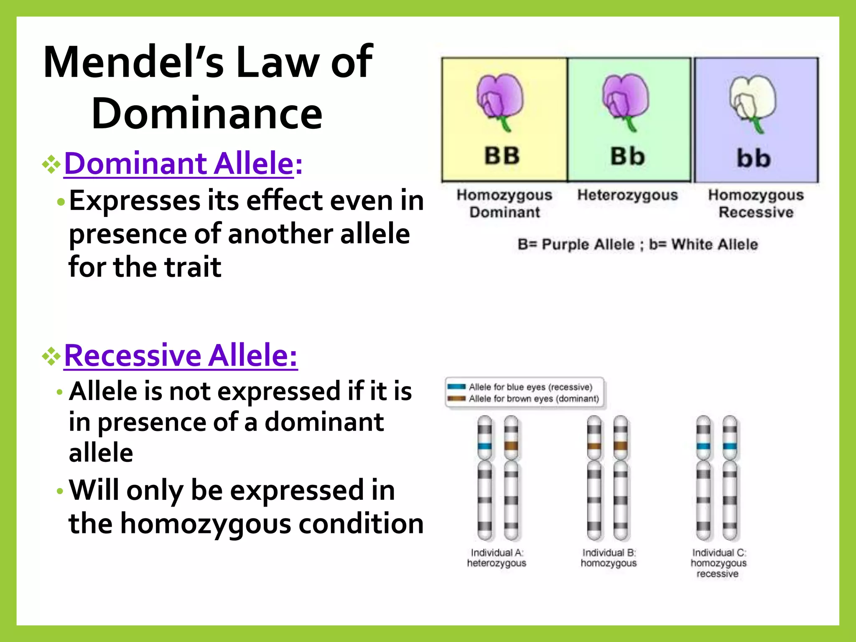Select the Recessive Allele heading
pos(181,355)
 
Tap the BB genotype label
pos(502,155)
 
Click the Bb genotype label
pos(627,156)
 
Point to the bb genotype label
pos(754,158)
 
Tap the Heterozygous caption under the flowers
pos(627,195)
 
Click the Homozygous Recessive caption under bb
pos(756,204)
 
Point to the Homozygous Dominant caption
pos(504,204)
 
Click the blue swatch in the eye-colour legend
pos(456,387)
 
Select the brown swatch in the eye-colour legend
pos(456,398)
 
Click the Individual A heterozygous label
pos(497,558)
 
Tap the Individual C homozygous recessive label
pos(718,563)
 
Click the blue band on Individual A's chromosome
pos(485,446)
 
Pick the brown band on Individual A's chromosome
pos(511,445)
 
